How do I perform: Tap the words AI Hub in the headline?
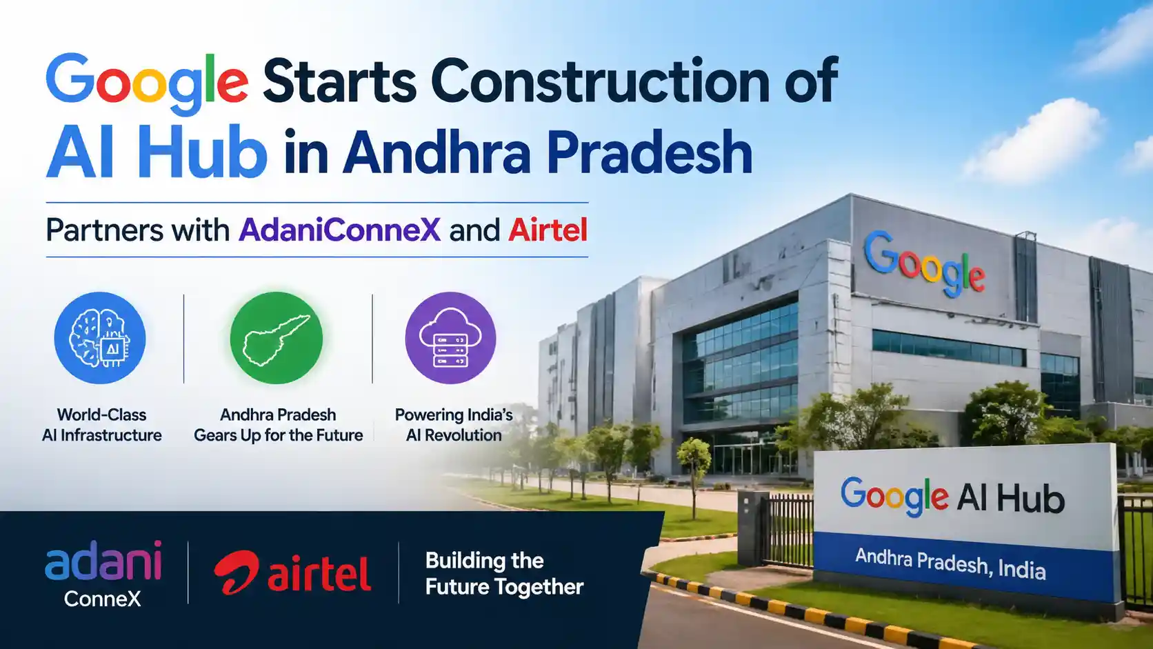coord(157,152)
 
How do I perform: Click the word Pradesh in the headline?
coord(649,152)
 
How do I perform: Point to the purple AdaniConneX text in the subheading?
coord(339,230)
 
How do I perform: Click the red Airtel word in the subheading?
coord(548,230)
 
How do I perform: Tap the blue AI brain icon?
coord(100,338)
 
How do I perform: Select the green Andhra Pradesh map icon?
coord(277,338)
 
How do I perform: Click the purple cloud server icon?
coord(450,338)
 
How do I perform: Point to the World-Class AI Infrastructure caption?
coord(102,425)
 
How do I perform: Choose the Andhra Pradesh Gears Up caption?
coord(278,425)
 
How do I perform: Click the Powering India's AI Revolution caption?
coord(454,425)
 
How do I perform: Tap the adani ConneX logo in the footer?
coord(103,574)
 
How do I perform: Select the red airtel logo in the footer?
coord(292,573)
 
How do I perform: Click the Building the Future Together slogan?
coord(504,574)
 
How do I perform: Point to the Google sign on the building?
coord(924,264)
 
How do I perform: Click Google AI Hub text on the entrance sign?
coord(952,497)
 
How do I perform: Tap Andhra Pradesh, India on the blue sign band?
coord(950,563)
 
